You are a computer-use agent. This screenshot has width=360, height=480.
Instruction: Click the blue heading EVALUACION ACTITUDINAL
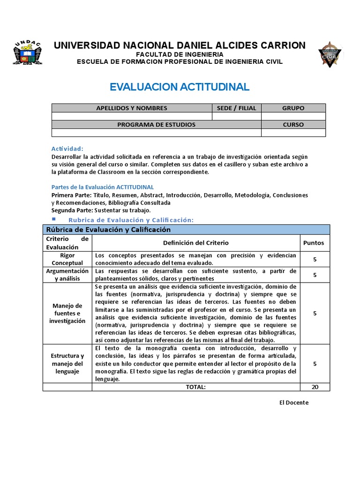click(x=180, y=87)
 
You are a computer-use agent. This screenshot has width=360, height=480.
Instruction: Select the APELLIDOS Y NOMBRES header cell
click(x=132, y=108)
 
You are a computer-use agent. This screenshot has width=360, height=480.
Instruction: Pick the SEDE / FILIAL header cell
click(x=237, y=108)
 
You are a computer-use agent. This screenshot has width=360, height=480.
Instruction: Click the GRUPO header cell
click(x=293, y=108)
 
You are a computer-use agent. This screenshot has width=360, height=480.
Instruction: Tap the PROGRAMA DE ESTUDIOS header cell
click(x=156, y=125)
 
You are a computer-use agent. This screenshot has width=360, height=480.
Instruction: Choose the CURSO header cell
click(x=293, y=125)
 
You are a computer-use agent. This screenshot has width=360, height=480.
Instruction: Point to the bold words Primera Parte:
click(x=71, y=195)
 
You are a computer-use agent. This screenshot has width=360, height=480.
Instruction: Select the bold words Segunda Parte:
click(x=73, y=210)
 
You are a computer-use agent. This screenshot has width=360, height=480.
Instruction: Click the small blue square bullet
click(x=53, y=219)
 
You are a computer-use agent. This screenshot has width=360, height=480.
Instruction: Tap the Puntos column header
click(x=314, y=243)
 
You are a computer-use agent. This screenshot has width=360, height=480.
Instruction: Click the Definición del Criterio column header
click(x=196, y=243)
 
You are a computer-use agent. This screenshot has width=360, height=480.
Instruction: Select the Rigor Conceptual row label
click(x=67, y=259)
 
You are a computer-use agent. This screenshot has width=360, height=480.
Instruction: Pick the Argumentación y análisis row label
click(x=67, y=275)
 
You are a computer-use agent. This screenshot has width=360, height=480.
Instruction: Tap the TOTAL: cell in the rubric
click(x=195, y=387)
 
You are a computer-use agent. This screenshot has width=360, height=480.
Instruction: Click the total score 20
click(x=315, y=387)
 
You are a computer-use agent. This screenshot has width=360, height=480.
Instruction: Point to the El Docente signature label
click(x=293, y=403)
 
